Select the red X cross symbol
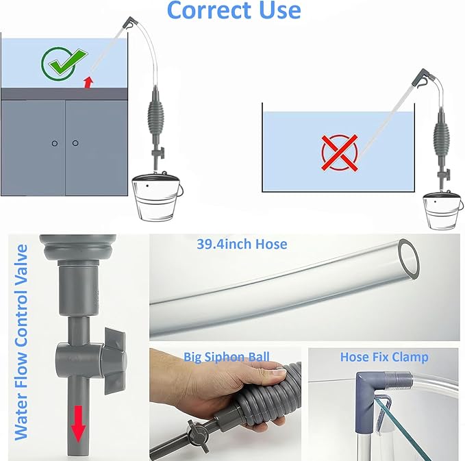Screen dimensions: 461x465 340,151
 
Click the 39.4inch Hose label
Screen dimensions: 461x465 242,244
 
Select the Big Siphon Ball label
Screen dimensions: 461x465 226,357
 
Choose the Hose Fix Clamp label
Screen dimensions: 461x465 384,357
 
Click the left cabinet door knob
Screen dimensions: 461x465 54,143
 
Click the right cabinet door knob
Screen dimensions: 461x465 75,143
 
